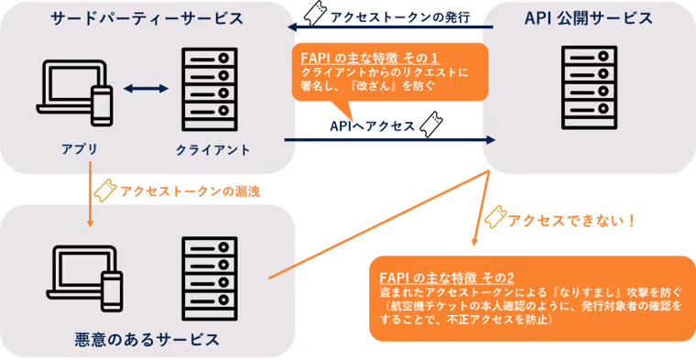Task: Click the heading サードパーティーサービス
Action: point(147,18)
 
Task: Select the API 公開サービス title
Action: point(588,17)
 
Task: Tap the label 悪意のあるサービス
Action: point(147,340)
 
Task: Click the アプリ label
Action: point(80,149)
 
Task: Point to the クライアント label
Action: point(213,150)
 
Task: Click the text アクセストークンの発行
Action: point(400,16)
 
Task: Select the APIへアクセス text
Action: point(372,126)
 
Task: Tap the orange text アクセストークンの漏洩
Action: point(190,191)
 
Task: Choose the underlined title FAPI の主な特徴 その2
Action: point(447,278)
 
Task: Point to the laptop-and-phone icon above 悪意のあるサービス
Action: point(84,277)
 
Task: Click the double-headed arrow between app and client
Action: point(146,89)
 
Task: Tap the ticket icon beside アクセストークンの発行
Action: point(316,14)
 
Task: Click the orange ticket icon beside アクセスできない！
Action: point(495,216)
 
